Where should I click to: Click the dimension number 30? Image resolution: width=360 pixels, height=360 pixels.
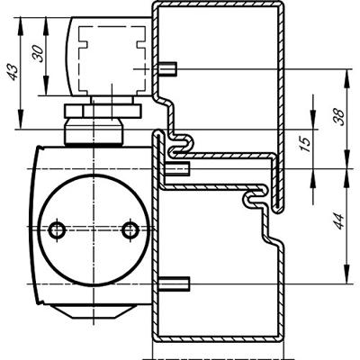click(x=39, y=53)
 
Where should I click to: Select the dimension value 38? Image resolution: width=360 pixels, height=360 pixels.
click(x=338, y=117)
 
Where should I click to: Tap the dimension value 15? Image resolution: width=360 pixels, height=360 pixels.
click(x=305, y=144)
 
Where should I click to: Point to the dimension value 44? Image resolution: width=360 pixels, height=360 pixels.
click(x=338, y=221)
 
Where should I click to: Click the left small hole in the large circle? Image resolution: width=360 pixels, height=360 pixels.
click(x=57, y=230)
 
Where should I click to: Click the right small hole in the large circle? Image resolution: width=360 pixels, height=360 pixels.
click(x=130, y=230)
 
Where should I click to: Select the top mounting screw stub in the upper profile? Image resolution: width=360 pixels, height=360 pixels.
click(x=167, y=68)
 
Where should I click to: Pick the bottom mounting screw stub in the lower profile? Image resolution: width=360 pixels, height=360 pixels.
click(x=174, y=283)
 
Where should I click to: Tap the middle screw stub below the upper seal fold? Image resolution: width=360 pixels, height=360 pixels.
click(x=177, y=169)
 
